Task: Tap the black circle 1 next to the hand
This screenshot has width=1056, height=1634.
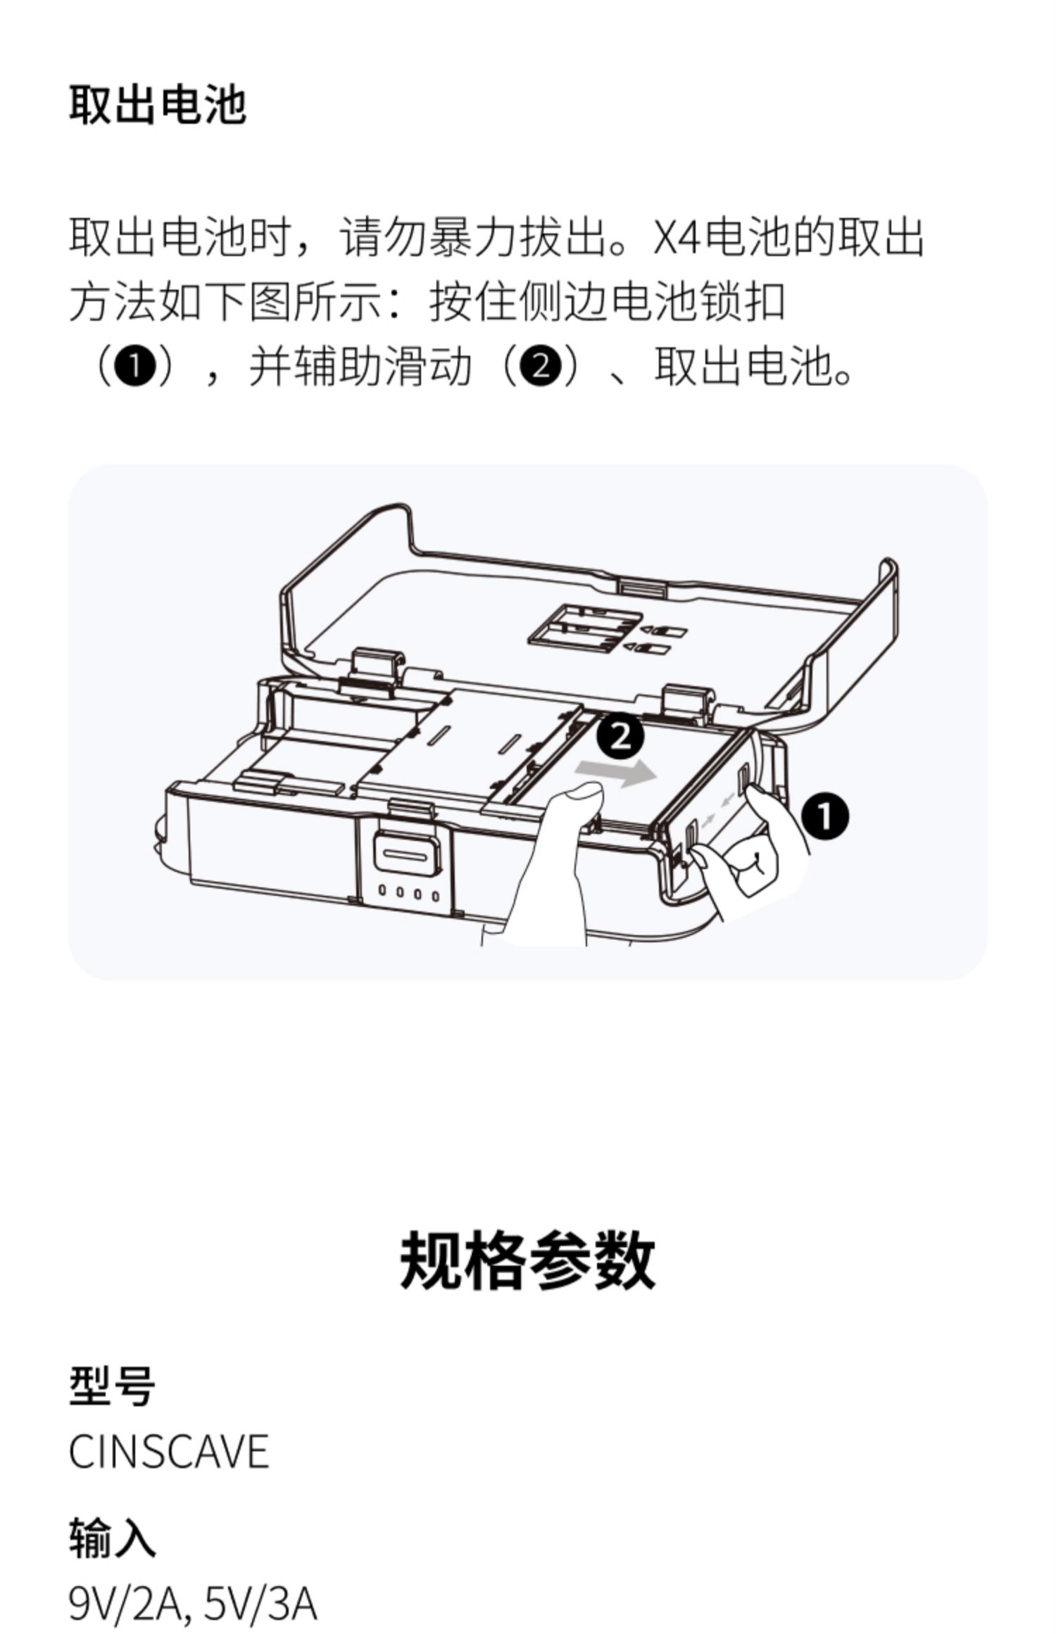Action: [x=824, y=816]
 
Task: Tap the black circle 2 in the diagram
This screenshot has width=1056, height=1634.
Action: [x=620, y=737]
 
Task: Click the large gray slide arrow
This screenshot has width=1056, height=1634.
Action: [x=616, y=774]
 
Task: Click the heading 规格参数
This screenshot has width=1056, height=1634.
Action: [x=527, y=1260]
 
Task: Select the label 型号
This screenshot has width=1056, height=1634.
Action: [x=112, y=1388]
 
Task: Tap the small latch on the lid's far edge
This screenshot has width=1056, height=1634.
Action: [x=641, y=586]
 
